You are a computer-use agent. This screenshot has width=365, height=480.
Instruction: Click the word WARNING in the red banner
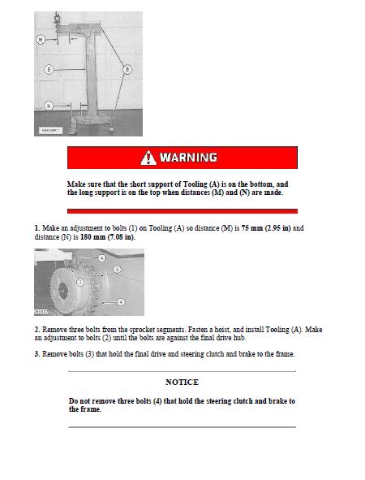[x=189, y=158]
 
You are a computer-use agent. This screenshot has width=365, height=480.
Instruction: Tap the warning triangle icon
[x=148, y=158]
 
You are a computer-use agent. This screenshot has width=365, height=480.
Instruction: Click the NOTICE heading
[x=182, y=382]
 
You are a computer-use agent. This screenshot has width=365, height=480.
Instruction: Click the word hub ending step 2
[x=239, y=338]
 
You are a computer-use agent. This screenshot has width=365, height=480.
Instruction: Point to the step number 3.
[x=37, y=354]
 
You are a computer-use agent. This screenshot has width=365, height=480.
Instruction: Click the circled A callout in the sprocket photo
[x=102, y=258]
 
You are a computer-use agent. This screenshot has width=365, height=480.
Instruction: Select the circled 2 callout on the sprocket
[x=80, y=282]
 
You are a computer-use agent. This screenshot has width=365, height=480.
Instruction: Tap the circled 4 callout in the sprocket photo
[x=121, y=302]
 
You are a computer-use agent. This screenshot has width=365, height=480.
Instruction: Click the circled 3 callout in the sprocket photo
[x=117, y=270]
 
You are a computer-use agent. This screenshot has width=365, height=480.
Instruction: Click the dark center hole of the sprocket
[x=62, y=290]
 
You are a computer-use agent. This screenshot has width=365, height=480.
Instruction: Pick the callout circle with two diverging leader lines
[x=127, y=70]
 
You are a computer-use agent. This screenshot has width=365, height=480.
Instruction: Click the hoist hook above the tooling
[x=57, y=19]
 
